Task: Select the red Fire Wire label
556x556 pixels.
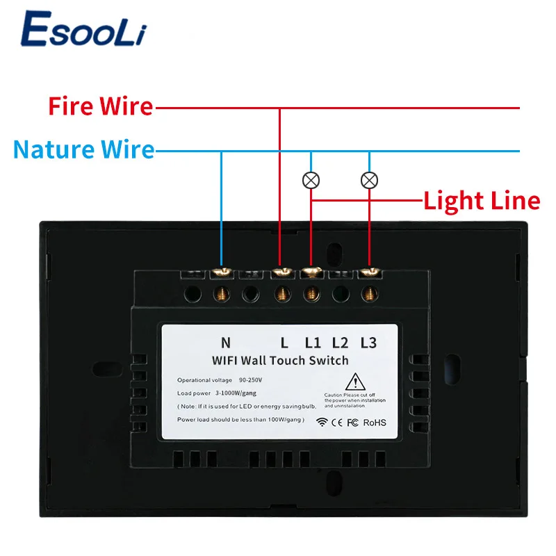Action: pos(100,107)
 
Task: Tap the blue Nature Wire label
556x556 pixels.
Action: pos(83,149)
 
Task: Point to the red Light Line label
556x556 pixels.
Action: pos(482,201)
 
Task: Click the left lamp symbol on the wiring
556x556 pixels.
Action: pos(311,180)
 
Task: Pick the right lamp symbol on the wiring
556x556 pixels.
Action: pos(369,180)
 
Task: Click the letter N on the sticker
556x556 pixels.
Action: pos(225,342)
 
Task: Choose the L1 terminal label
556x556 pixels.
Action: pos(313,342)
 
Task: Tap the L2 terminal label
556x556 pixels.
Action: pos(340,342)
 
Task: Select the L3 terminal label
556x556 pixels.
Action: pos(368,342)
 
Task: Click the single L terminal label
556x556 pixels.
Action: pos(284,342)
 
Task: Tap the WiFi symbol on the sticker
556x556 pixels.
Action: pos(322,422)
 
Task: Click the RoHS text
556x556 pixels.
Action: pos(373,422)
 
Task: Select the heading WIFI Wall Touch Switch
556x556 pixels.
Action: pos(280,360)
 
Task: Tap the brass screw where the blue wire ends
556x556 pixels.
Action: pos(222,272)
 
